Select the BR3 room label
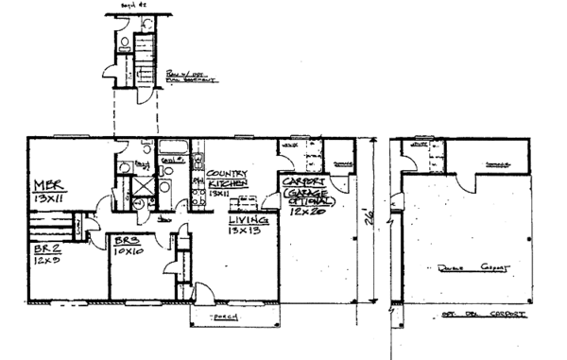(126, 240)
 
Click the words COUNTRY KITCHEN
(226, 179)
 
